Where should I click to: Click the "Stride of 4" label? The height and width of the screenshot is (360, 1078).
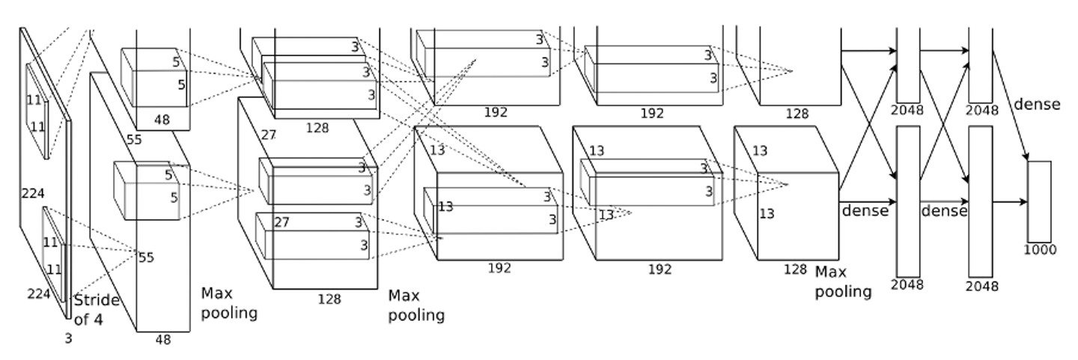(97, 309)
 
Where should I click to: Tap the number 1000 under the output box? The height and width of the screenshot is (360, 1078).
(1040, 250)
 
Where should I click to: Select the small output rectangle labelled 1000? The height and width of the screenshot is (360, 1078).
(1040, 201)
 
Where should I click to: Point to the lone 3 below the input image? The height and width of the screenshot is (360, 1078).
(68, 339)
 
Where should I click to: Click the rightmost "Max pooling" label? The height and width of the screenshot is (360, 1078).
(843, 282)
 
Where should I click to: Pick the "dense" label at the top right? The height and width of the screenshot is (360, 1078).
(1037, 104)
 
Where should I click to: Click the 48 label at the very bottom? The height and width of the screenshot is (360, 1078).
(163, 340)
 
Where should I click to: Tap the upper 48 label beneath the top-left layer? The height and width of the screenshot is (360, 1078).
(162, 120)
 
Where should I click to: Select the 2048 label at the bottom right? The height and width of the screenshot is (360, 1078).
(981, 287)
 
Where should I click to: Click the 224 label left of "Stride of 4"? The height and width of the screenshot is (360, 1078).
(38, 293)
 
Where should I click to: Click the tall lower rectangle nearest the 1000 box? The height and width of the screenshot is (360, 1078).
(981, 201)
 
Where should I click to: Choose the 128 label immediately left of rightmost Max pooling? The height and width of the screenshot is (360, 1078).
(795, 269)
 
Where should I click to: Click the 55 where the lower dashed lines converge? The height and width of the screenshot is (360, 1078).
(146, 257)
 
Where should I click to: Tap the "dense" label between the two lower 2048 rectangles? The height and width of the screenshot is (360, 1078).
(944, 211)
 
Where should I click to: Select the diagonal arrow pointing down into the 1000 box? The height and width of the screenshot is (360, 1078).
(1011, 106)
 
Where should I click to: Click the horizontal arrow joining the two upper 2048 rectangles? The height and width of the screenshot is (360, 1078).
(944, 51)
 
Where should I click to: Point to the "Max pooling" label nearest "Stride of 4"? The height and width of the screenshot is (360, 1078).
(229, 303)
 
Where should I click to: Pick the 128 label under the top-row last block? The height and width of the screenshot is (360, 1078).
(797, 114)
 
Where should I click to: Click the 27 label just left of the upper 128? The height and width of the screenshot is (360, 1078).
(269, 135)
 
